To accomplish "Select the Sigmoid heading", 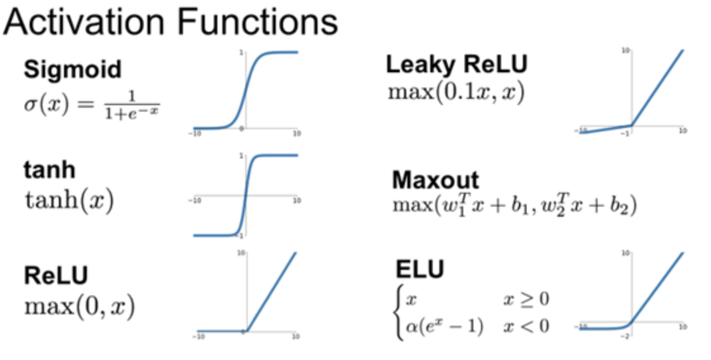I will (72, 69).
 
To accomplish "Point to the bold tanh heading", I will (49, 169).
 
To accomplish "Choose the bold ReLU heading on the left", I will (56, 276).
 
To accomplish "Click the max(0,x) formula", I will (79, 307).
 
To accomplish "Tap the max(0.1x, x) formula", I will (456, 93).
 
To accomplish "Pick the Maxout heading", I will (435, 180).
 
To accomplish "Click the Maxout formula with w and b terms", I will (514, 206).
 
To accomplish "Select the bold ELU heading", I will (420, 269).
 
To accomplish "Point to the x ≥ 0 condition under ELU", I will (526, 299).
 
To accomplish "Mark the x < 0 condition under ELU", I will (526, 326).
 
